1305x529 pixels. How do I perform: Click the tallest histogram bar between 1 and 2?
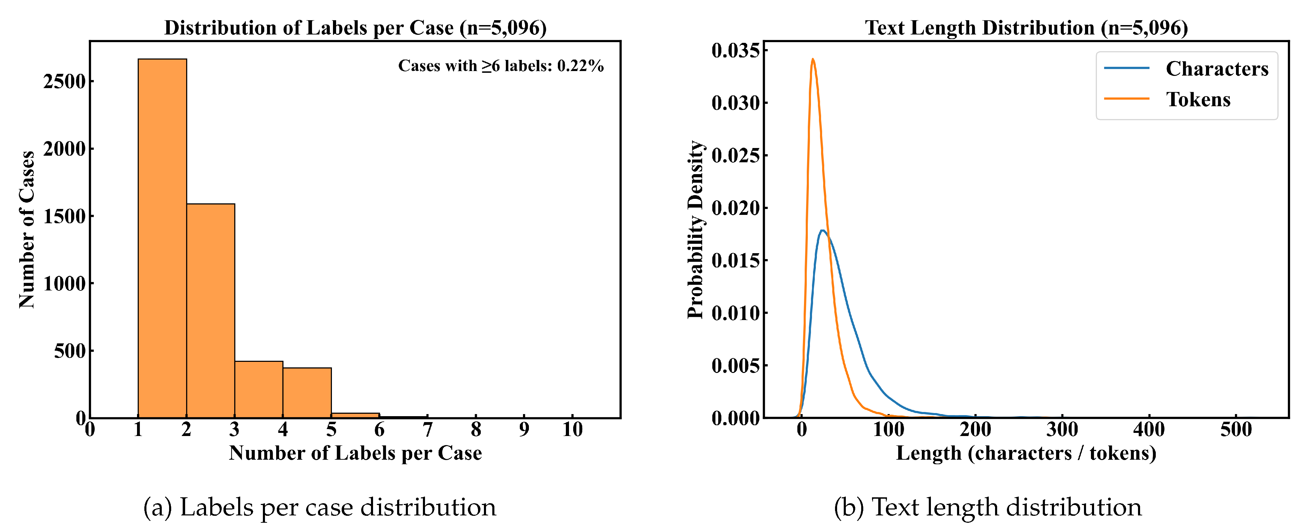pyautogui.click(x=162, y=238)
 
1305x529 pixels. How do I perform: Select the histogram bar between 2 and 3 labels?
pyautogui.click(x=210, y=311)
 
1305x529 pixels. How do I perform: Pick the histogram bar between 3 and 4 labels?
pyautogui.click(x=258, y=389)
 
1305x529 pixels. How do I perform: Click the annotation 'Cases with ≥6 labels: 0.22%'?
pyautogui.click(x=501, y=66)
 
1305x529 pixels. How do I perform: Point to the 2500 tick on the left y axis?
pyautogui.click(x=65, y=81)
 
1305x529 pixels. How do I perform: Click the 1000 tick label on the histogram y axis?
pyautogui.click(x=65, y=283)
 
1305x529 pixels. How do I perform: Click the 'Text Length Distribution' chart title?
pyautogui.click(x=1026, y=28)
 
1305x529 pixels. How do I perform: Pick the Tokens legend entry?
pyautogui.click(x=1198, y=99)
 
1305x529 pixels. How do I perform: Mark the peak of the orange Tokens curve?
pyautogui.click(x=813, y=59)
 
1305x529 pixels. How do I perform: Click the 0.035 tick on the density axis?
pyautogui.click(x=736, y=50)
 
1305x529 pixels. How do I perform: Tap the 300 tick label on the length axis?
pyautogui.click(x=1062, y=430)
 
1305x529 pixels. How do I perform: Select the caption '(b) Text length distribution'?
pyautogui.click(x=987, y=507)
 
